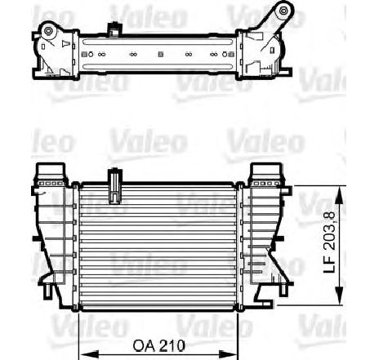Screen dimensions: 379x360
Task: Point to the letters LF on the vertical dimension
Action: [x=330, y=264]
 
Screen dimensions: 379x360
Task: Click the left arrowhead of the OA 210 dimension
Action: [x=88, y=354]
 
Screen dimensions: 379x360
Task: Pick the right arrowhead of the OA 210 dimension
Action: [x=228, y=354]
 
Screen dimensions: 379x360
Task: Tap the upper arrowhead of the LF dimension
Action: [x=339, y=195]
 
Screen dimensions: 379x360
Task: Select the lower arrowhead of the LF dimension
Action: [x=339, y=296]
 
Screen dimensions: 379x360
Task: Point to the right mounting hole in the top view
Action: [x=283, y=11]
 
